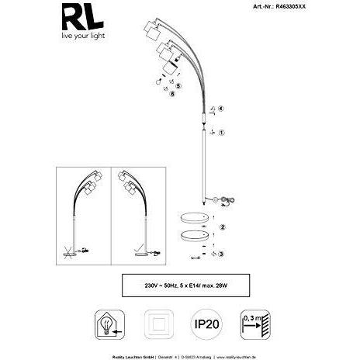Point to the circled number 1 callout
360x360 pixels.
pyautogui.click(x=222, y=133)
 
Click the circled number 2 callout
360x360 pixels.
pyautogui.click(x=223, y=227)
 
